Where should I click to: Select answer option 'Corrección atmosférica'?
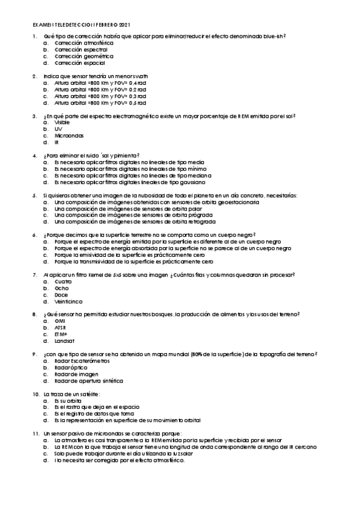pos(80,44)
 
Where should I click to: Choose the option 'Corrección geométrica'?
pos(79,56)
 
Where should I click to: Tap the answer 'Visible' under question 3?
pos(62,122)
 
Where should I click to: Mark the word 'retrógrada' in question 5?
pos(202,221)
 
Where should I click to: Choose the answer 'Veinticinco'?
pos(69,301)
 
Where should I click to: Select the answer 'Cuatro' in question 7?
pos(63,281)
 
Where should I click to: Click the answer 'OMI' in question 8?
pos(59,321)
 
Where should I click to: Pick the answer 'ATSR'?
pos(60,327)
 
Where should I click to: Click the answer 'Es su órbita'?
pos(68,400)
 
